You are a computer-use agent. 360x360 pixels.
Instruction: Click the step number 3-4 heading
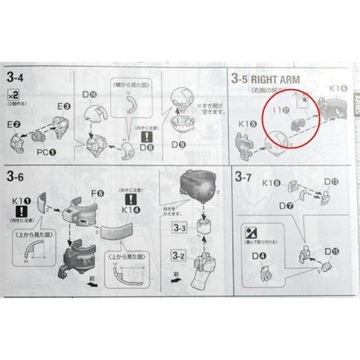[15, 75]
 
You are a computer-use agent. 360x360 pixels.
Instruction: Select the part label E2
[15, 123]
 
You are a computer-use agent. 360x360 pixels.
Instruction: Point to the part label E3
[63, 106]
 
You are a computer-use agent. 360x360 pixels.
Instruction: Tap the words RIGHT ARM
[276, 79]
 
